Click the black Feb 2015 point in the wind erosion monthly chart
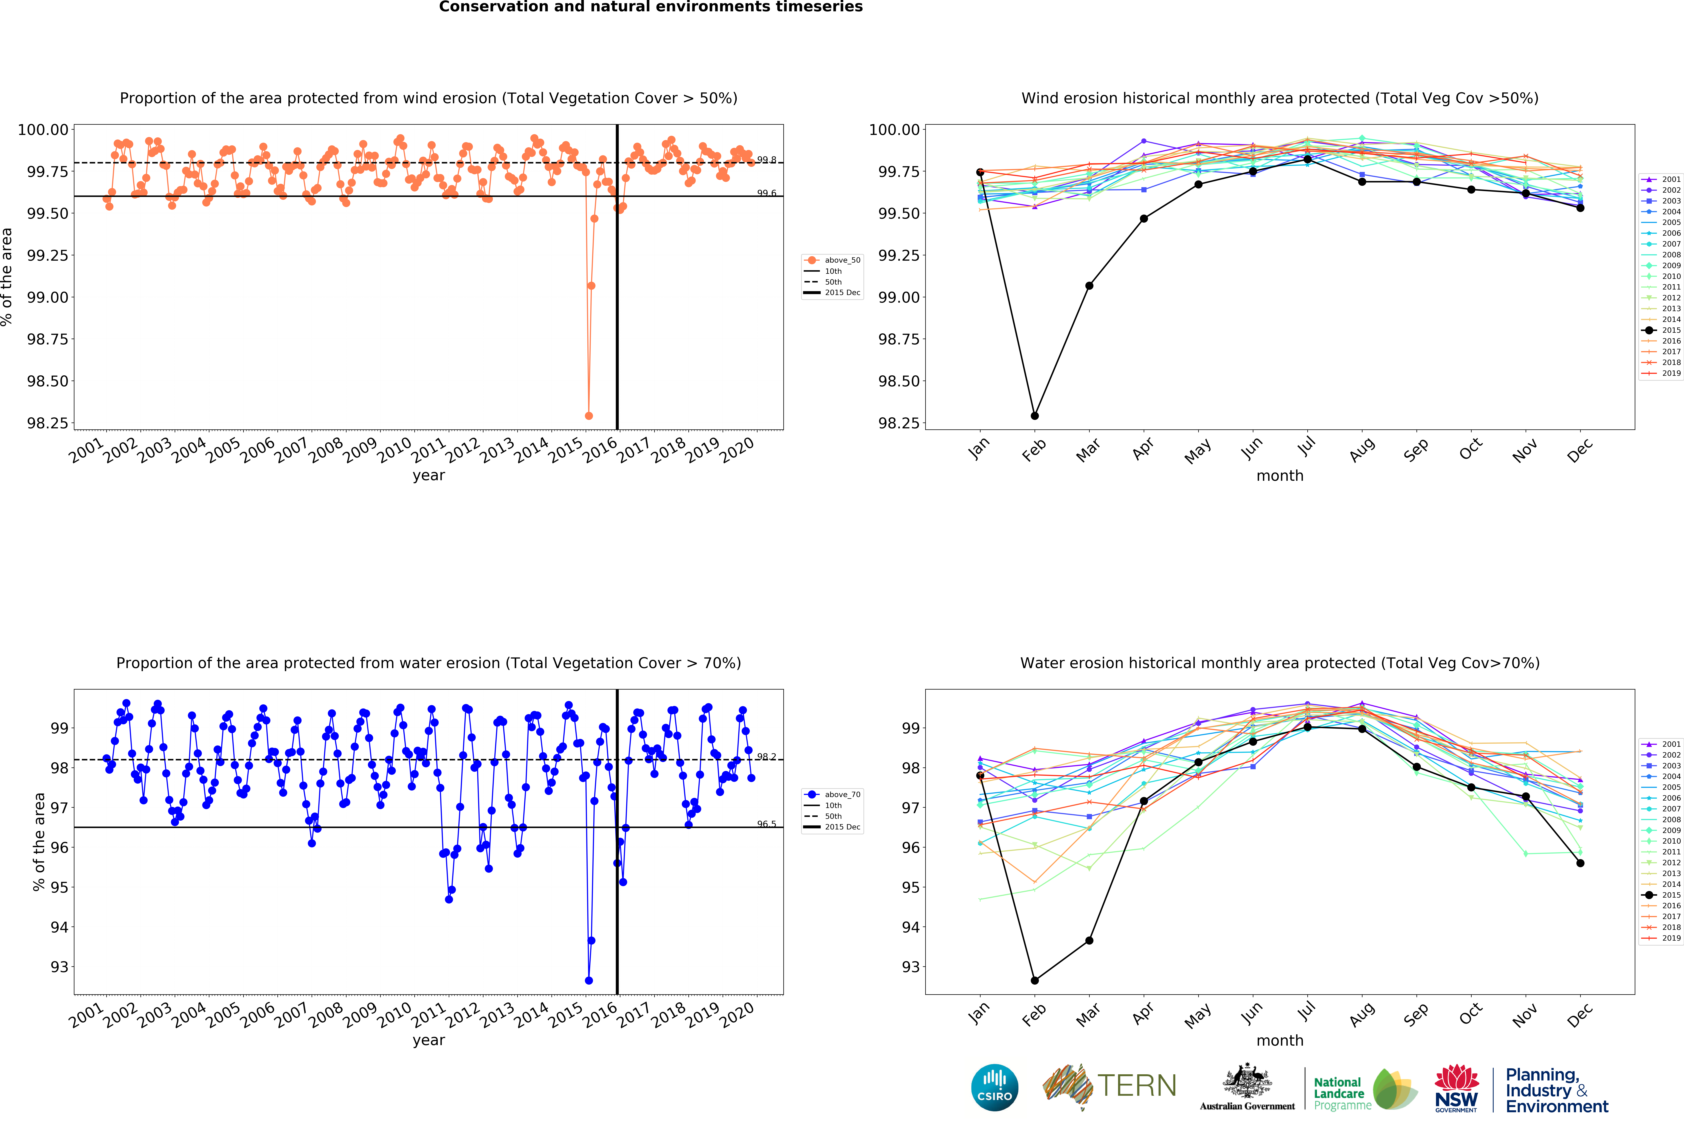coord(1035,416)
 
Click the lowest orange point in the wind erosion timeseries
coord(589,416)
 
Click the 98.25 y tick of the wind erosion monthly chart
coord(898,423)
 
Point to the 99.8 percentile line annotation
coord(766,160)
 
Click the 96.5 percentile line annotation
coord(766,824)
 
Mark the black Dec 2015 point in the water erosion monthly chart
coord(1580,863)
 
